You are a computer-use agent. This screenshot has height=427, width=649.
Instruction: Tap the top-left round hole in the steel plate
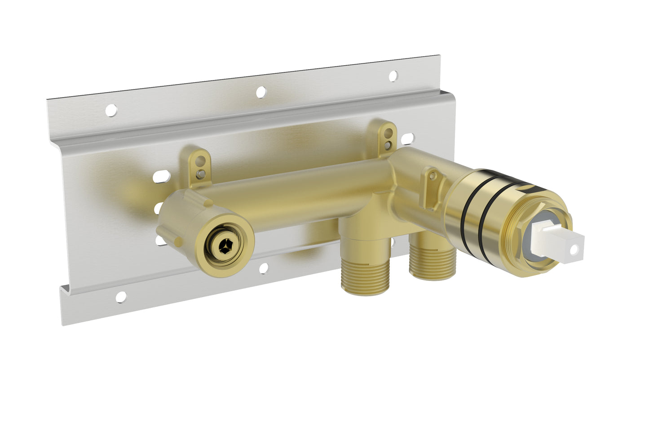(x=111, y=109)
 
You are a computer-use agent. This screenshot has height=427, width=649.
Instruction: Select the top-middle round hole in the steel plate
(x=260, y=92)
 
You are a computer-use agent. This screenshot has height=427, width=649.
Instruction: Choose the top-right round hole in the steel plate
(x=393, y=76)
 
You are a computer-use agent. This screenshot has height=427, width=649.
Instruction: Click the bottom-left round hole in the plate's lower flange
(x=121, y=297)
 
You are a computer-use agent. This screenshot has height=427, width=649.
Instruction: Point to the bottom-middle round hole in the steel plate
(x=264, y=268)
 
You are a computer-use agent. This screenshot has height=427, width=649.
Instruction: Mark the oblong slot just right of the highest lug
(x=408, y=139)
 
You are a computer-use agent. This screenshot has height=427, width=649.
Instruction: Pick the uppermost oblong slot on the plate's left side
(x=160, y=177)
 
